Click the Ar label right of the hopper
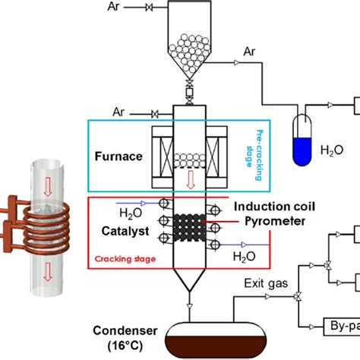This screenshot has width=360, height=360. click(250, 52)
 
